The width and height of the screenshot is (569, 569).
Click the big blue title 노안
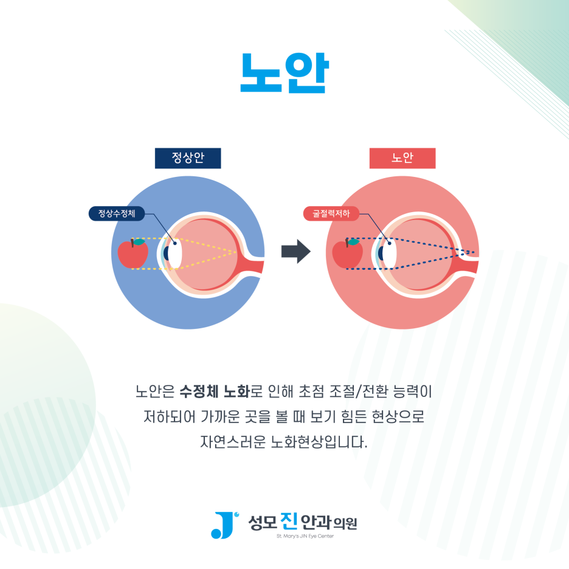[x=284, y=73]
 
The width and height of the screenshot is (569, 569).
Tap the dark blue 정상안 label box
[x=188, y=158]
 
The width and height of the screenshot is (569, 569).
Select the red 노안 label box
[x=402, y=158]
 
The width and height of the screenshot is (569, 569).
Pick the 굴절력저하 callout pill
[x=331, y=213]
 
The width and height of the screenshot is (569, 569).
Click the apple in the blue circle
[x=133, y=253]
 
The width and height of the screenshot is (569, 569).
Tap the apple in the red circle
[x=348, y=253]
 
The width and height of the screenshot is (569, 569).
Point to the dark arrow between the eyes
[x=295, y=252]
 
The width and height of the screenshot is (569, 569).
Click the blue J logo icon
[x=222, y=525]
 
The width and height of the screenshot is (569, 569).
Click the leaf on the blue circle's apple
[x=139, y=242]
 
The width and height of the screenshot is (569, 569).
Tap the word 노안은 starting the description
[x=155, y=391]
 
